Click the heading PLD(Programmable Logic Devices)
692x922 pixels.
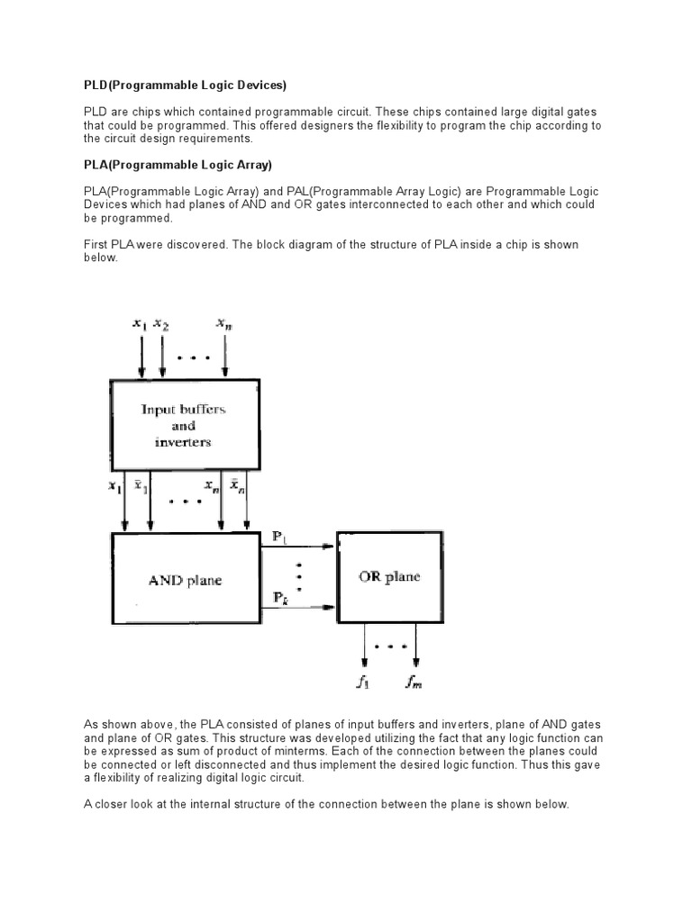(185, 86)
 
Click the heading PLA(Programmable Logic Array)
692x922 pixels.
(178, 166)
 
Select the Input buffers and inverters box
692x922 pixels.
(184, 425)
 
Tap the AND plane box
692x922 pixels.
(184, 581)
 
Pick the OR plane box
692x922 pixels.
(389, 577)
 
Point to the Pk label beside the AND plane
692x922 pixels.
(280, 598)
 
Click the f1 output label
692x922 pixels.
(362, 683)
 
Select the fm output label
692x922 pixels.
(414, 683)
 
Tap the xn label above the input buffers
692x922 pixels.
(224, 322)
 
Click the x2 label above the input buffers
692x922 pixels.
(161, 322)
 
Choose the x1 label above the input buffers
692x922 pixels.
(140, 322)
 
